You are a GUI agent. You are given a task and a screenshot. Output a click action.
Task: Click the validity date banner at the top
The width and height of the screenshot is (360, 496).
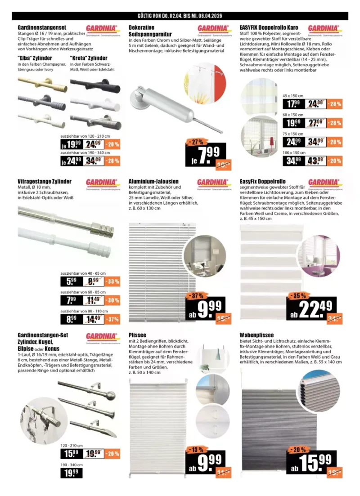tap(180, 16)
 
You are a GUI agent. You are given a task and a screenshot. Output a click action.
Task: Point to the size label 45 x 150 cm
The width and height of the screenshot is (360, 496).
tap(293, 96)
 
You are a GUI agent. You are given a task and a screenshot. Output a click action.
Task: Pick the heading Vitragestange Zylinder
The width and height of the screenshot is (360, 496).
tap(45, 181)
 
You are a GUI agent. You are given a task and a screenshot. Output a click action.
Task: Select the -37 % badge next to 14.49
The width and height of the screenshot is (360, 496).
tap(112, 319)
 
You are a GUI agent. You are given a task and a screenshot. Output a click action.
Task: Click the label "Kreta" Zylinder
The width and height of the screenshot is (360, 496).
tap(89, 58)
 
